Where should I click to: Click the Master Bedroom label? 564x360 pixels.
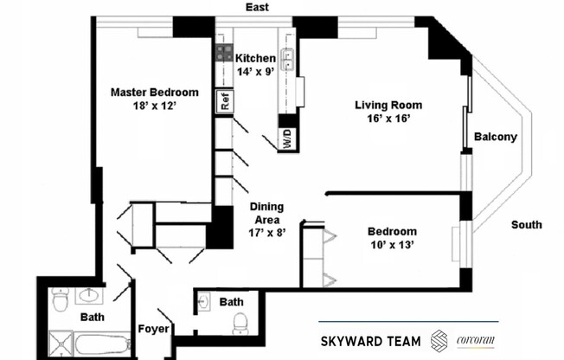coord(154,93)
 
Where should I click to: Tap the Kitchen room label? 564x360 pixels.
coord(255,58)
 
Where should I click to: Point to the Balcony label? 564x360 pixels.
coord(496,137)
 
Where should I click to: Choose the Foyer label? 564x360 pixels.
coord(153,329)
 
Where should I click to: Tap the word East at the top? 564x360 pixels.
coord(257,8)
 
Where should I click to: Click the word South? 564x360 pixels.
coord(526,225)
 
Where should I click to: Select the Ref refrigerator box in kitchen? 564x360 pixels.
coord(224,101)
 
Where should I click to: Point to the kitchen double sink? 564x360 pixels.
coord(289,58)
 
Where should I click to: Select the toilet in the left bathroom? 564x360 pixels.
coord(60,301)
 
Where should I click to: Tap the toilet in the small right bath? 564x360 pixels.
coord(240,324)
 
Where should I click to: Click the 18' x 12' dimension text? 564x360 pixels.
coord(154,107)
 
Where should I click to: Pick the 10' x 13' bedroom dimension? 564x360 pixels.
coord(392,246)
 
